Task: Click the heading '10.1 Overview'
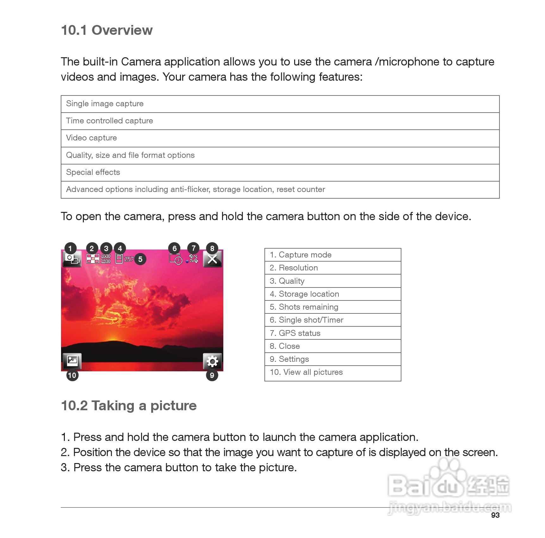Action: coord(107,30)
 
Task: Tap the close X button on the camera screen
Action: coord(212,259)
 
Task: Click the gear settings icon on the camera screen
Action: coord(212,361)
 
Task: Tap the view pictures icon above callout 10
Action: coord(72,361)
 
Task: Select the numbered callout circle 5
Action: coord(140,259)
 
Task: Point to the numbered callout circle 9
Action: coord(212,375)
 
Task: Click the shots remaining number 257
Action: coord(128,259)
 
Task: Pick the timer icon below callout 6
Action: coord(176,259)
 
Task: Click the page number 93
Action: coord(495,515)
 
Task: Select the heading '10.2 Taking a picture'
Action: coord(129,406)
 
